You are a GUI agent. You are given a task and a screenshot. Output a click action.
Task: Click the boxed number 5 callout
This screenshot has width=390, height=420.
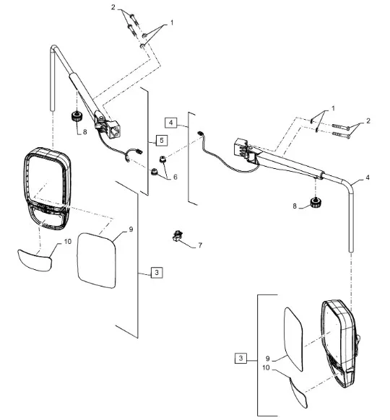point(162,140)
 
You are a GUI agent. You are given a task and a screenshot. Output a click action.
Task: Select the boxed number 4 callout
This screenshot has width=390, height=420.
point(171,123)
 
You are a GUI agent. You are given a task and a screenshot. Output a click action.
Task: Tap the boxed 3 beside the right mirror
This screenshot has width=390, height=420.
point(240,358)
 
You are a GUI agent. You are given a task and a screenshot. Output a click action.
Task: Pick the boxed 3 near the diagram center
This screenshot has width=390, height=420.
point(157,272)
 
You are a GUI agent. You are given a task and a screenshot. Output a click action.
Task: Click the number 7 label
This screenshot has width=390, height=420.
point(200,245)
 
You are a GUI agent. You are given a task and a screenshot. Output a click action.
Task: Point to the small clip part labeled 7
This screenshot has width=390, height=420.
point(178,237)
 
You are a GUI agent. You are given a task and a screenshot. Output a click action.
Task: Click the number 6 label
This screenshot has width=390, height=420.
point(175,177)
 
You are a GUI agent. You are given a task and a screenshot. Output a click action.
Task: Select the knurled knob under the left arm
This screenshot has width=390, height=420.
point(77,116)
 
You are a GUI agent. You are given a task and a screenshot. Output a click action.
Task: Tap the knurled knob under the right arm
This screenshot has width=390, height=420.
point(316,202)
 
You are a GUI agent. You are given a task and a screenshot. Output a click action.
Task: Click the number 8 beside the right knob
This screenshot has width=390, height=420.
point(295,206)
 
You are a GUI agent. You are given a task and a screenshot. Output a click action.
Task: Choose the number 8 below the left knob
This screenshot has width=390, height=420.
point(84,132)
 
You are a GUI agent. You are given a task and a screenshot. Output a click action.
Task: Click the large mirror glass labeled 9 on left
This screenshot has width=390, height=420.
point(97,261)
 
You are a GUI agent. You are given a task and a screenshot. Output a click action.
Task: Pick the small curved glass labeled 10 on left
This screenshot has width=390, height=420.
point(35,260)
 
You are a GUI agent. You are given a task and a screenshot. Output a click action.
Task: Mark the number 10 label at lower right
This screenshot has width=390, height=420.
point(266,368)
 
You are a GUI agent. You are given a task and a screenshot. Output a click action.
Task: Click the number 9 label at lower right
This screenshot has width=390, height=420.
point(267,359)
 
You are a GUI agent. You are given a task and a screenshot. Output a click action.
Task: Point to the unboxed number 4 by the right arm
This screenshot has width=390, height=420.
point(368,178)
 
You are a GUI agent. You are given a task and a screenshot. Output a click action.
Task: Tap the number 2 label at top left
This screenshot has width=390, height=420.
point(113,7)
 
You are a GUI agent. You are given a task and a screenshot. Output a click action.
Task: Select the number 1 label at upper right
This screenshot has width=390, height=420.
point(333,108)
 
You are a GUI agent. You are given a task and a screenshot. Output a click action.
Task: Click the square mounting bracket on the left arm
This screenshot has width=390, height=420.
point(115,129)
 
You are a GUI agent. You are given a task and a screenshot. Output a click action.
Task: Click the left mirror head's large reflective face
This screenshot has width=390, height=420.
point(47,177)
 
